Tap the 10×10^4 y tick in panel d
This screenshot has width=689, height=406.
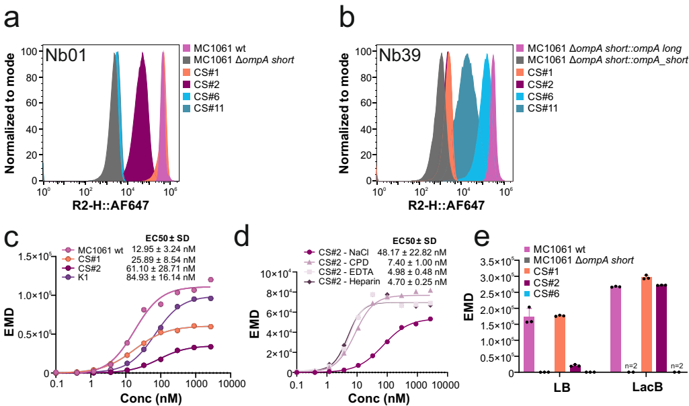click(276, 272)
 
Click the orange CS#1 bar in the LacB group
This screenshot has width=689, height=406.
click(647, 325)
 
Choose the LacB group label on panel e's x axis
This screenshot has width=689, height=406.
click(647, 389)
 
